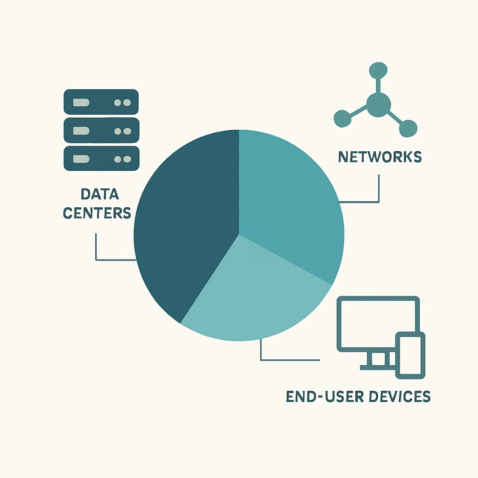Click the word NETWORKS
click(x=380, y=157)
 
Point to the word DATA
click(x=100, y=194)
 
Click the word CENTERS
click(x=97, y=213)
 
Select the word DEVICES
click(x=400, y=396)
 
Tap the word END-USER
click(x=325, y=396)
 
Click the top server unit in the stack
click(x=101, y=102)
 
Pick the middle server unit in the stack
click(x=101, y=131)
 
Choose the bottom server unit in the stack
click(x=101, y=159)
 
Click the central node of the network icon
click(x=378, y=105)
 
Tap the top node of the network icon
click(x=378, y=71)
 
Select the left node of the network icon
click(x=343, y=119)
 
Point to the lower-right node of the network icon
click(x=408, y=128)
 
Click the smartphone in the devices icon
click(x=410, y=355)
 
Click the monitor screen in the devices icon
click(x=378, y=324)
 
